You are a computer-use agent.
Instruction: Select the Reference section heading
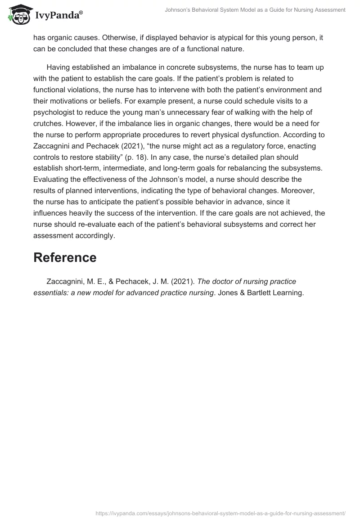(65, 257)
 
